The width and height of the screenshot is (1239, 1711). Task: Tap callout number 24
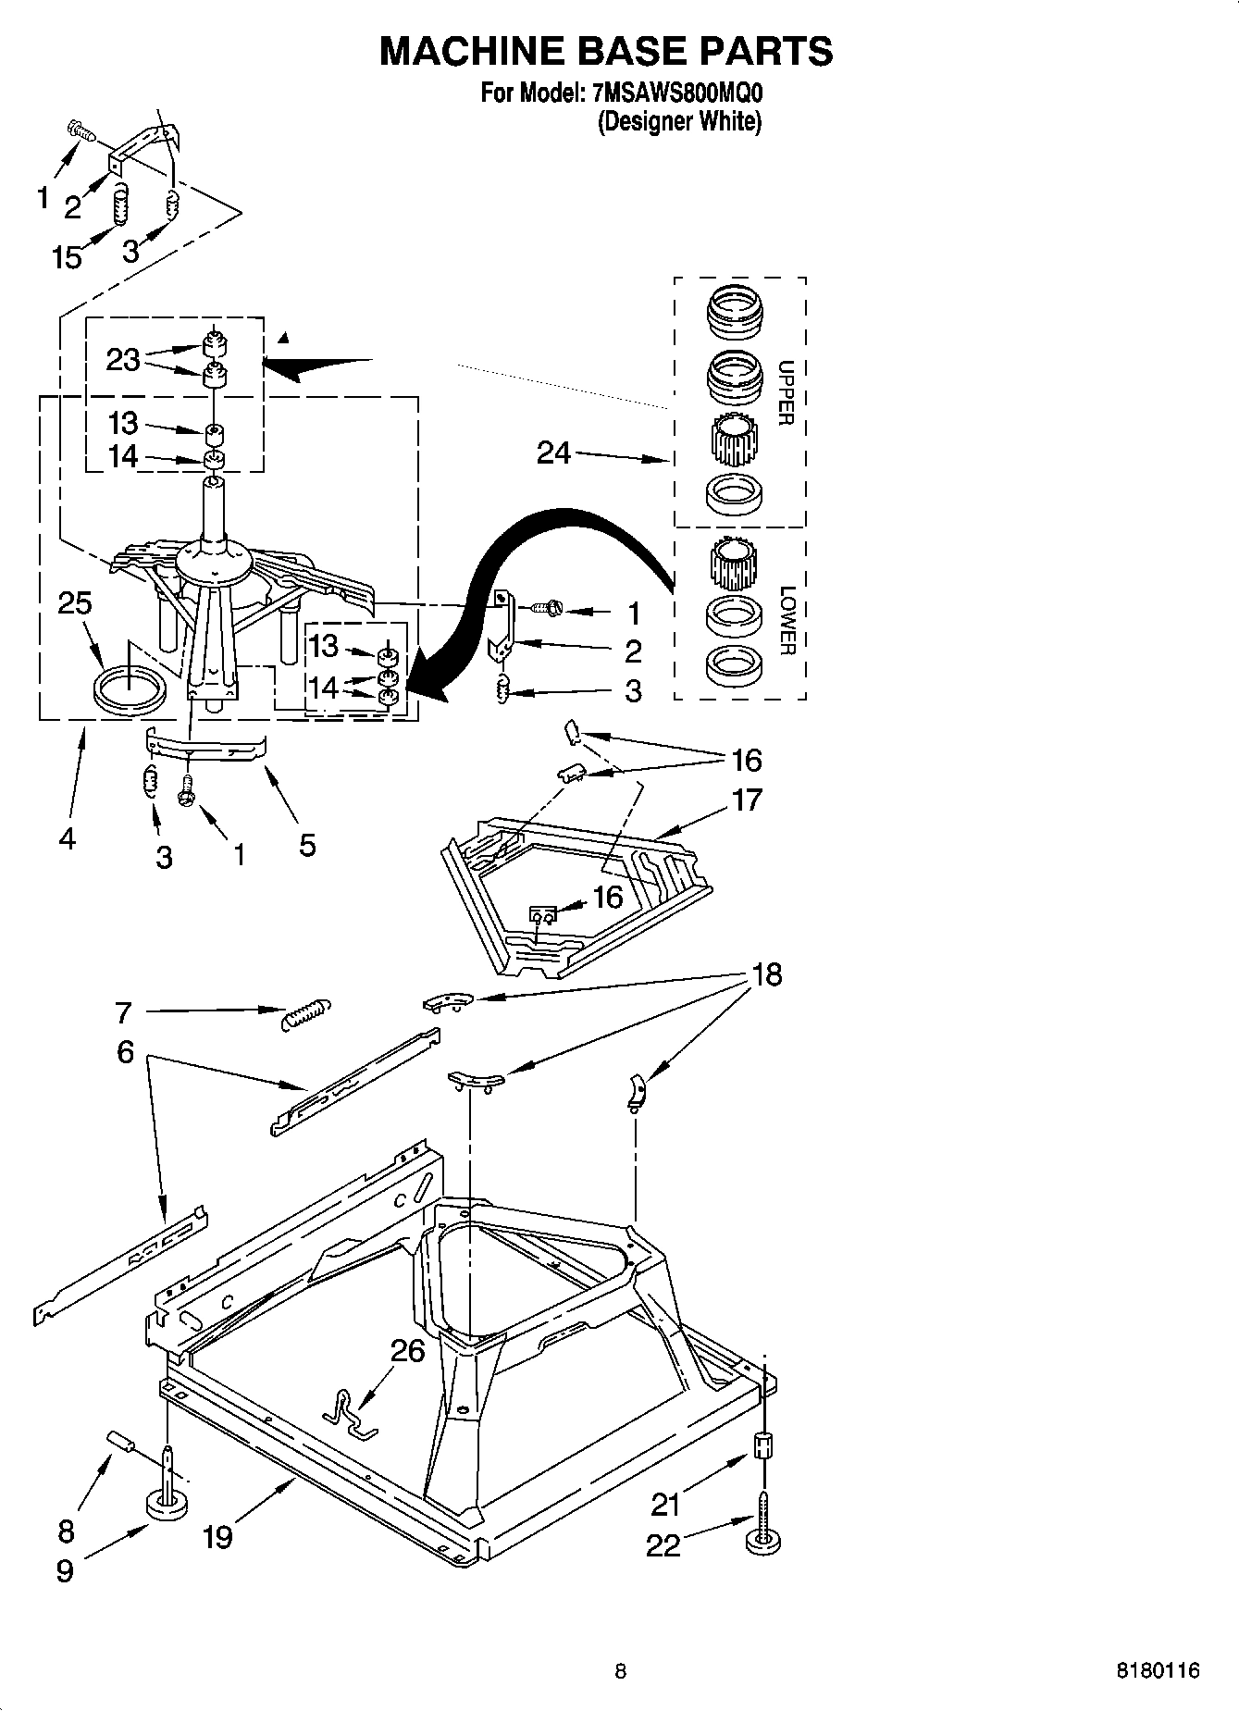(553, 453)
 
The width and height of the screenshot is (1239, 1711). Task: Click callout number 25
(75, 603)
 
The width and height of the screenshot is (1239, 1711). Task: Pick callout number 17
(747, 799)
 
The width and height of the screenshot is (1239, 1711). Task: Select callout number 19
(217, 1537)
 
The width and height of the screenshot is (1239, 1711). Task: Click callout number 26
(407, 1352)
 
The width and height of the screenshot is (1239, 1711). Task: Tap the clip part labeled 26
(351, 1413)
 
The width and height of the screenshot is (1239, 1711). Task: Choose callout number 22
(663, 1544)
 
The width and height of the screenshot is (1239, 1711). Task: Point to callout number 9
(65, 1570)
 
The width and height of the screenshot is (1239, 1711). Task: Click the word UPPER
(786, 392)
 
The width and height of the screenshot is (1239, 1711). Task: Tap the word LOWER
(787, 620)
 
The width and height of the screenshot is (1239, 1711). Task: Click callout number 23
(122, 360)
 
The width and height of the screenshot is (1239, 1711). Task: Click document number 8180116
(1158, 1670)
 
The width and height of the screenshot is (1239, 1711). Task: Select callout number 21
(665, 1505)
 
